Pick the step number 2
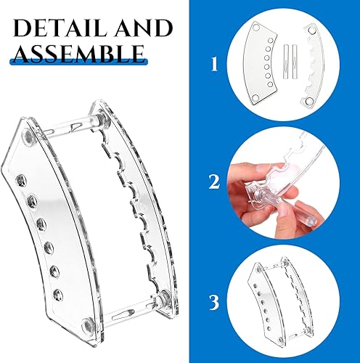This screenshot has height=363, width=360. point(213,181)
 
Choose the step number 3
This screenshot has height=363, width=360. point(213,298)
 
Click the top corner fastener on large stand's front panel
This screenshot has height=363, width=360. point(28,136)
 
